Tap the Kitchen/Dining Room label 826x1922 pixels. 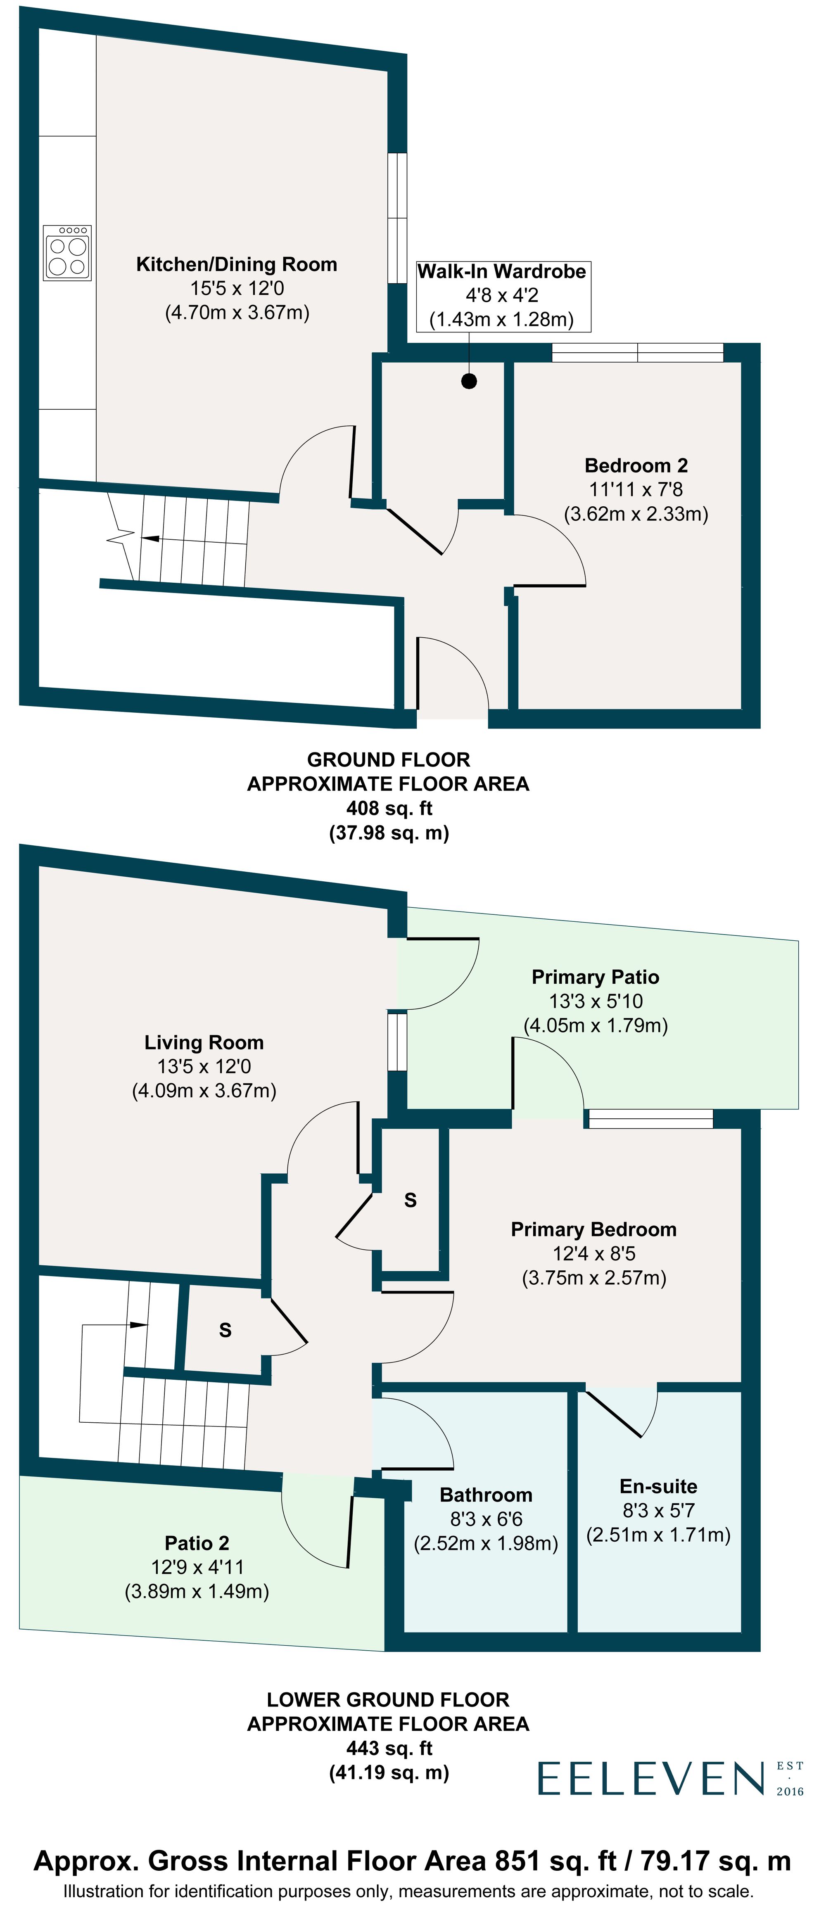[237, 264]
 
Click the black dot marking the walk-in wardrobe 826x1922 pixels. [469, 381]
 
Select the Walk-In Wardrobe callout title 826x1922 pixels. [501, 272]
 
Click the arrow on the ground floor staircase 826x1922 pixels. [149, 538]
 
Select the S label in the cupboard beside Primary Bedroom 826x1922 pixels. [410, 1200]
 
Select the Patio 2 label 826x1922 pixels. [197, 1542]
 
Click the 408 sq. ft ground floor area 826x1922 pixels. [389, 808]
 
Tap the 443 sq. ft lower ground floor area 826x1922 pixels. [389, 1748]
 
